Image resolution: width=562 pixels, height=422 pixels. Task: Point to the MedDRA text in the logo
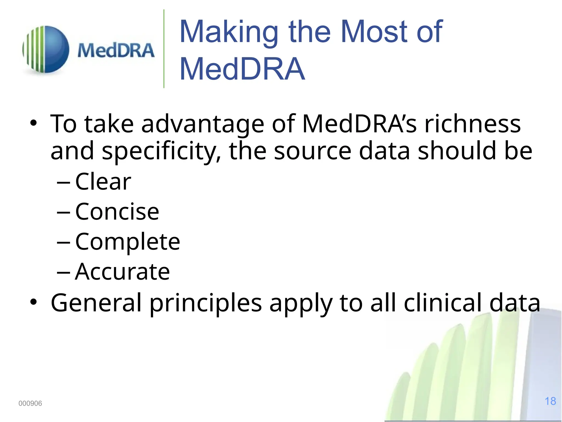coord(116,51)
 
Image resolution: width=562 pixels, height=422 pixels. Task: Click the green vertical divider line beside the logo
coord(164,49)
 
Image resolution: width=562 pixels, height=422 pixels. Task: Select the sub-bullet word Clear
coord(103,182)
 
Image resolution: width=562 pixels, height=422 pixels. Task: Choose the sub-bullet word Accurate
coord(122,272)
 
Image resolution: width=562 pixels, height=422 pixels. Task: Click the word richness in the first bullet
coord(473,124)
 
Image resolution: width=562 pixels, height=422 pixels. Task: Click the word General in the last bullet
coord(96,303)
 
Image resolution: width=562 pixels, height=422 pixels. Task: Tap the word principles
coord(206,303)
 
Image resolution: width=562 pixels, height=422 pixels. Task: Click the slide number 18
coord(550,401)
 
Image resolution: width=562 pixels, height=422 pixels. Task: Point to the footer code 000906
coord(30,403)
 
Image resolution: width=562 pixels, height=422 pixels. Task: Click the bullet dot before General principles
coord(33,302)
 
